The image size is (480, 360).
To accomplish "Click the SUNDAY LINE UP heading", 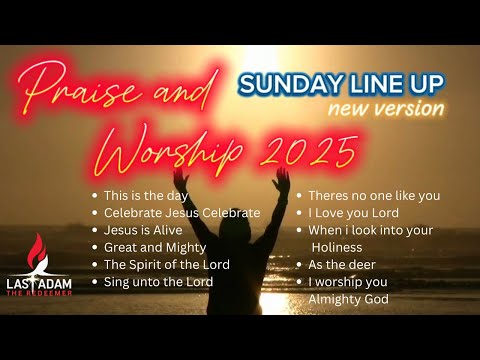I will (x=341, y=82).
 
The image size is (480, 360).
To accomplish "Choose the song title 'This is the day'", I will (x=146, y=196).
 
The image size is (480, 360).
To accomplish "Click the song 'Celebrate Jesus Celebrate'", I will (x=182, y=213).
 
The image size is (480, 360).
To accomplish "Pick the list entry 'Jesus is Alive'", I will (x=144, y=230).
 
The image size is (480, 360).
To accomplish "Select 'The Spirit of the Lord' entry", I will (x=166, y=264).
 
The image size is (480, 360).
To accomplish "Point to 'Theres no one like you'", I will (x=373, y=196).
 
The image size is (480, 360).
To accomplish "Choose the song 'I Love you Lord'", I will (x=353, y=213).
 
